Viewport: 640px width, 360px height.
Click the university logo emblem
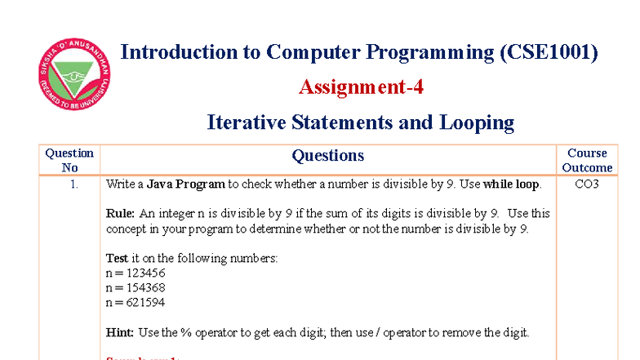[74, 78]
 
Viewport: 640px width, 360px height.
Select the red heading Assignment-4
[361, 87]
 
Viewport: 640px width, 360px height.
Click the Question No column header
[69, 160]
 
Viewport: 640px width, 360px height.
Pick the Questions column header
[328, 155]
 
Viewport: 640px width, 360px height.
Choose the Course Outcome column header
[587, 160]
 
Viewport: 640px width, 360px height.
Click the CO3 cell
[587, 184]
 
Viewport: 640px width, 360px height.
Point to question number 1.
[73, 184]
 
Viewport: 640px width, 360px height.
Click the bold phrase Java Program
[185, 184]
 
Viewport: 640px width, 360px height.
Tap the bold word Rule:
[121, 214]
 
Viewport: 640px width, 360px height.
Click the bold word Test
[118, 259]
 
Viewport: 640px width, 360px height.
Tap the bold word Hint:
[121, 332]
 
